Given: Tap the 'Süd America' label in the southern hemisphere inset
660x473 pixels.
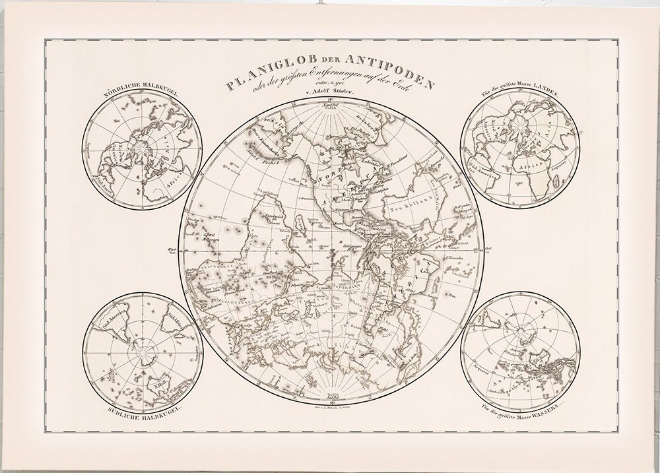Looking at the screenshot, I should coord(112,323).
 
